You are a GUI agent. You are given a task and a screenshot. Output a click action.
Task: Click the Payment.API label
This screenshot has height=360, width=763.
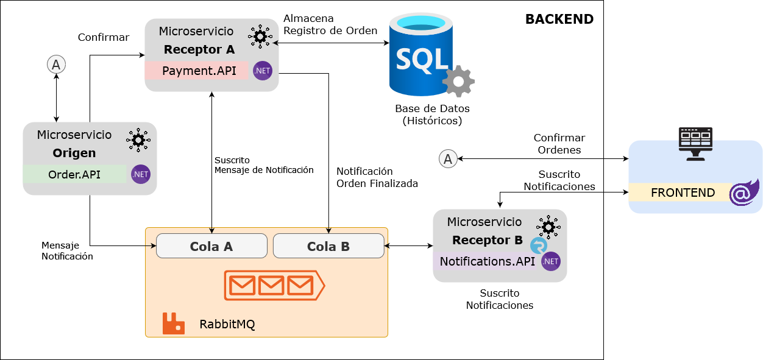[199, 71]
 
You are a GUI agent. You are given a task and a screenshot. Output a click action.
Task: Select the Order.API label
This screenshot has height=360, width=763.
[74, 175]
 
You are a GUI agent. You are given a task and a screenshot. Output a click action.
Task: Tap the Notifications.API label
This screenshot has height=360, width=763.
[488, 261]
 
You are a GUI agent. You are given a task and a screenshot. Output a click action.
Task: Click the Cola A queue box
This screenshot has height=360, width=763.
[211, 246]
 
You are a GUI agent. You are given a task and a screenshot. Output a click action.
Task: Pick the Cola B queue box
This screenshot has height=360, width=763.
[328, 246]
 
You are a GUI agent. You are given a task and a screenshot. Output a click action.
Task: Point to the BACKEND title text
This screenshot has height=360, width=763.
[559, 19]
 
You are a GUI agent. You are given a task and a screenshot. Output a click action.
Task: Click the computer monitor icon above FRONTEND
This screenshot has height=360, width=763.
[695, 143]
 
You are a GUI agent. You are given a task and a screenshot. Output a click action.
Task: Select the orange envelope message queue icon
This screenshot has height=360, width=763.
[273, 285]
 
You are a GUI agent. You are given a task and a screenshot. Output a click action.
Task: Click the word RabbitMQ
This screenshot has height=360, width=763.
[227, 324]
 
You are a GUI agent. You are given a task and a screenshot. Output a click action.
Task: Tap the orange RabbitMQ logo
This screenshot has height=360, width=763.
[174, 323]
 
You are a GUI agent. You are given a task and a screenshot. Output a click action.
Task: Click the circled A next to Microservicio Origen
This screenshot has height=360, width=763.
[56, 64]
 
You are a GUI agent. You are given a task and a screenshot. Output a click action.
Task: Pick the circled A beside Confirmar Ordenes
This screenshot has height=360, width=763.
[448, 159]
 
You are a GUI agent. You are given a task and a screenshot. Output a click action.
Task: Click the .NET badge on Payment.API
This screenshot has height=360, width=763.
[263, 71]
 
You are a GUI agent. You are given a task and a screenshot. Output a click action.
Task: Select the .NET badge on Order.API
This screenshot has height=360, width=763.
[141, 175]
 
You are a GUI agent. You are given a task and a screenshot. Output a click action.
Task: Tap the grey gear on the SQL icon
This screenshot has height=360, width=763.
[458, 81]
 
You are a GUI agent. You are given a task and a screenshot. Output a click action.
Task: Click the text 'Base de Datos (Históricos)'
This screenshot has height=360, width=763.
[432, 115]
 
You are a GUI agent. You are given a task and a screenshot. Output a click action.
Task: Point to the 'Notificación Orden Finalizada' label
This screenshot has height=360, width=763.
[377, 177]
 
